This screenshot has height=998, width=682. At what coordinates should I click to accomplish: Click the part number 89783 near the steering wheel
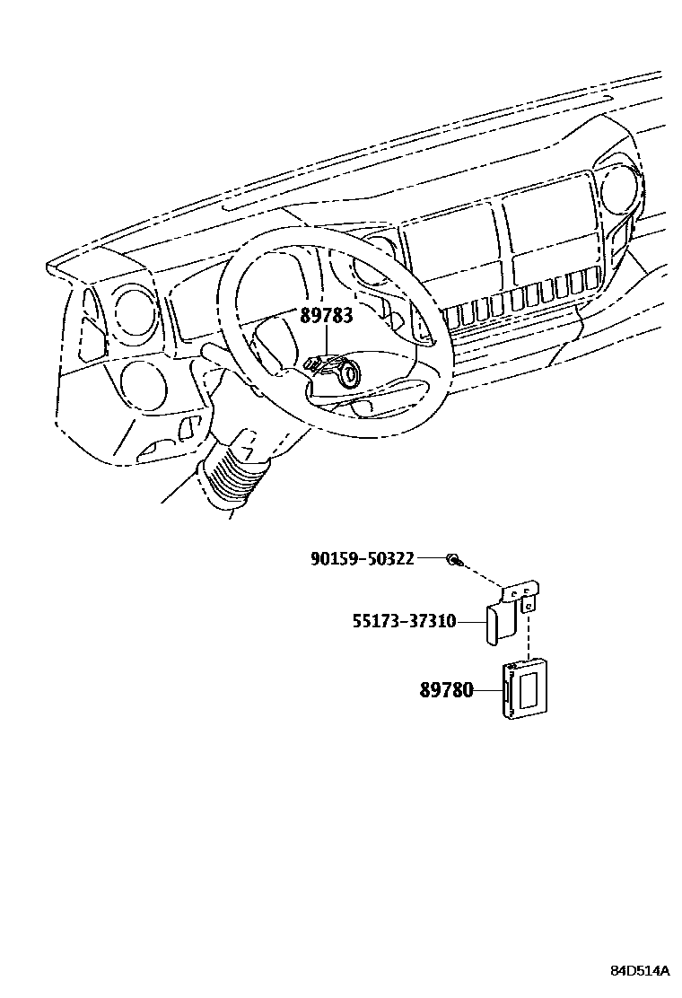point(326,316)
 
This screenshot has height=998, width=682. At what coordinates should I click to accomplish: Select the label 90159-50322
point(362,558)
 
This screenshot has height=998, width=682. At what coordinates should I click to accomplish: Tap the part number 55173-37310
point(403,621)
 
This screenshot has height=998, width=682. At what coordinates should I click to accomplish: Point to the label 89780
point(446,690)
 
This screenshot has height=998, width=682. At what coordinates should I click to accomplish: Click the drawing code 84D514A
point(641,971)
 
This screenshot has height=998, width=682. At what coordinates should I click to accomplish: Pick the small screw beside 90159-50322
point(453,561)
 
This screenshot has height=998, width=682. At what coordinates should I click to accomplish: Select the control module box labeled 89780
point(527,688)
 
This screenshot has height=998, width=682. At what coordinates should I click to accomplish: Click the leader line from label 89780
point(486,690)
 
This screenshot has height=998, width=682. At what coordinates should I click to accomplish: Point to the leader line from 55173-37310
point(472,621)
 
